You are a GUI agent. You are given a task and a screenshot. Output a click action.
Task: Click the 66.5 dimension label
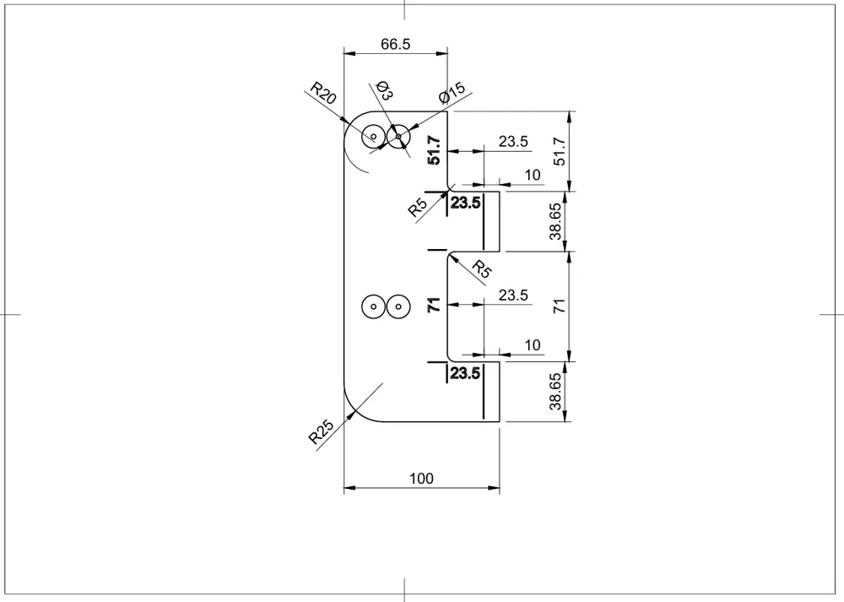tap(395, 44)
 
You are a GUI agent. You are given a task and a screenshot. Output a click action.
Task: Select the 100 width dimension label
tap(421, 479)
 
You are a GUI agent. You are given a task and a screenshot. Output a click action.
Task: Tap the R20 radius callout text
tap(323, 93)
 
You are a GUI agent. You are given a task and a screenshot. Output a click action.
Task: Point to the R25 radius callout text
tap(321, 431)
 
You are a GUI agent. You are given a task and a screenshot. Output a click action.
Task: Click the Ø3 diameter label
tap(384, 90)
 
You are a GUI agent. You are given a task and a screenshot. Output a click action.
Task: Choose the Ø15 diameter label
tap(452, 93)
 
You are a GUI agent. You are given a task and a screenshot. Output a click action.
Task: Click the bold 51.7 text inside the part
tap(434, 150)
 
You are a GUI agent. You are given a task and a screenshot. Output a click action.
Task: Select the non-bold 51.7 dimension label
tap(560, 151)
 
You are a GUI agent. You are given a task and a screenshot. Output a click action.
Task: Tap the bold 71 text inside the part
tap(434, 305)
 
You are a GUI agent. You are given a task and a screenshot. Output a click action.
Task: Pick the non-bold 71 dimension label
tap(560, 306)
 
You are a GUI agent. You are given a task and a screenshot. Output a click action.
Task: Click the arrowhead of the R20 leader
tap(344, 120)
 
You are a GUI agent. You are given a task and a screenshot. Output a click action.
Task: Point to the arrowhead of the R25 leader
tap(354, 413)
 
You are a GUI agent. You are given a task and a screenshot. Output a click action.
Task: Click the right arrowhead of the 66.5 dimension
tap(441, 53)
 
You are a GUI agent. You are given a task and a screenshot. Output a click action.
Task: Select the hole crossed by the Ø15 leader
tap(398, 137)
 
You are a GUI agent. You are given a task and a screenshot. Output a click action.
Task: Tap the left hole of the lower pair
tap(374, 307)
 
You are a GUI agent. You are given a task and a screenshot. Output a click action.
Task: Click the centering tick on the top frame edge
tap(404, 10)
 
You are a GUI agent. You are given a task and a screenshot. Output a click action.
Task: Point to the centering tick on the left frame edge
tap(10, 314)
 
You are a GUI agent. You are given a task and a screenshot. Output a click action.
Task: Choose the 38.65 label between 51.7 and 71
tap(555, 221)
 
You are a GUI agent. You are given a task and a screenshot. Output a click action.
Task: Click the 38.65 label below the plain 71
tap(555, 392)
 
